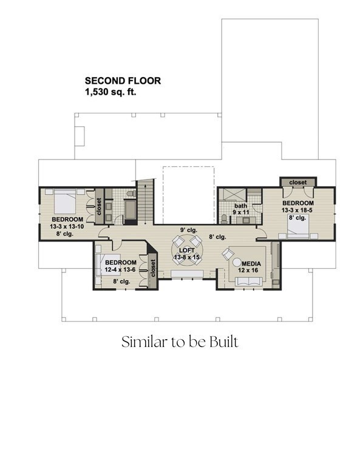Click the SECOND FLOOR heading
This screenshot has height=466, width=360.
click(123, 81)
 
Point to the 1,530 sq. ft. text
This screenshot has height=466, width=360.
click(110, 92)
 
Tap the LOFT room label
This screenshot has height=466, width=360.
click(187, 250)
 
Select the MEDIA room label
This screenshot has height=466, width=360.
click(251, 263)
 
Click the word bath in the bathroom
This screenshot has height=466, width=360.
click(240, 206)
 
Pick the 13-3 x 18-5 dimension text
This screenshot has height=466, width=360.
click(297, 210)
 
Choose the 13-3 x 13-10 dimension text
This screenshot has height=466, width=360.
click(67, 226)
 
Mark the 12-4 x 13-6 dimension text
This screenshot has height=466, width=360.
click(120, 270)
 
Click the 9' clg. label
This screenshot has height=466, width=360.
click(189, 230)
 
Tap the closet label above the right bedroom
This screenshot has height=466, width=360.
click(298, 182)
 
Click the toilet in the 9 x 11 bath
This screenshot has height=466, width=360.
click(224, 218)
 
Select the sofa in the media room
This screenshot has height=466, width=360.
click(249, 282)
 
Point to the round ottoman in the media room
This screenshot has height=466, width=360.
click(237, 262)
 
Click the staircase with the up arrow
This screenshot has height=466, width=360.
click(145, 201)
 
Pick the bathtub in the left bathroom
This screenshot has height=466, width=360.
click(130, 210)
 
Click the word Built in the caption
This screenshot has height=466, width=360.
click(224, 342)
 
